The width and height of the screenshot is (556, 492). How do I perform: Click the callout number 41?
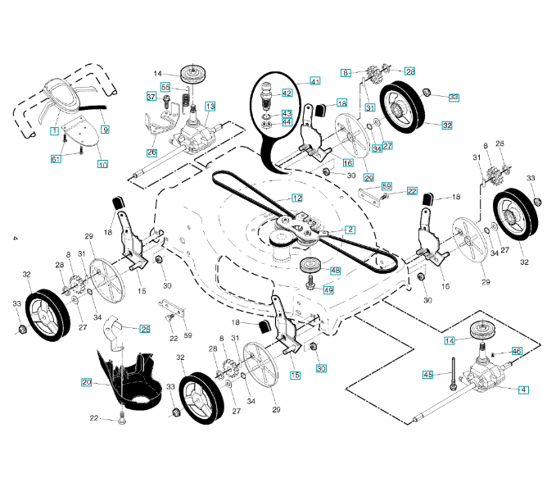(314, 81)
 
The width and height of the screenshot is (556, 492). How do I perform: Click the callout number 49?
(328, 289)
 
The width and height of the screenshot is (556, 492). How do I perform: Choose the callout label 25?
(145, 329)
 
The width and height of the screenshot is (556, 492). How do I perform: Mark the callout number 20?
(87, 382)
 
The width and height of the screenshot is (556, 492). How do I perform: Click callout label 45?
(427, 375)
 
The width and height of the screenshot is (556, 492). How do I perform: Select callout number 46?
(516, 351)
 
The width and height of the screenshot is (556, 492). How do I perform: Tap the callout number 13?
(210, 107)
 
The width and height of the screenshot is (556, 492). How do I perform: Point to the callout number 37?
(151, 98)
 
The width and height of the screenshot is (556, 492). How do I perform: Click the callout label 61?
(56, 158)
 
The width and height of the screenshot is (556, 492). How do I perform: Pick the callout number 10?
(102, 164)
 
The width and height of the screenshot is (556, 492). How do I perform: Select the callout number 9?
(106, 130)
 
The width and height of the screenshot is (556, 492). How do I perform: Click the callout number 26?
(152, 153)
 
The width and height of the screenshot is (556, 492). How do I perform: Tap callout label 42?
(287, 93)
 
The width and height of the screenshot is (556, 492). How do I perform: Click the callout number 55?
(165, 87)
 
